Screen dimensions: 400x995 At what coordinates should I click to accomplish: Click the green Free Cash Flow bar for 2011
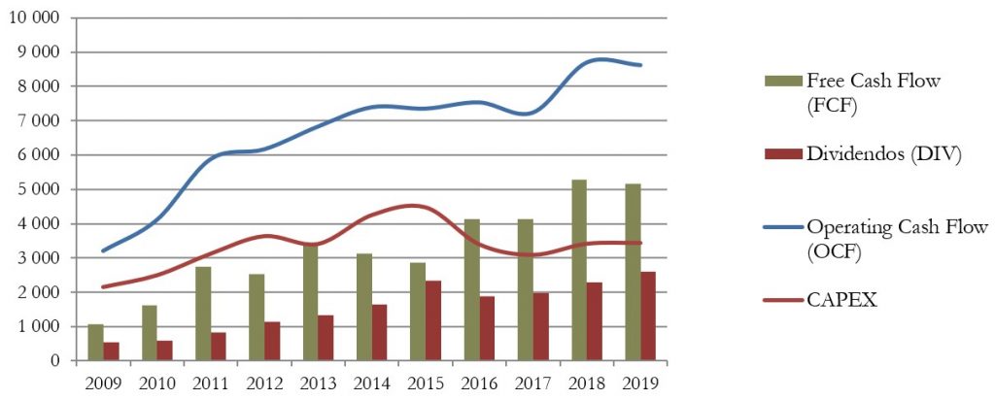[203, 313]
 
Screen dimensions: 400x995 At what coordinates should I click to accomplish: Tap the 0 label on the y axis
[56, 361]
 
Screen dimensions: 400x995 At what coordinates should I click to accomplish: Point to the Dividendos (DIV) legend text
[883, 153]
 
